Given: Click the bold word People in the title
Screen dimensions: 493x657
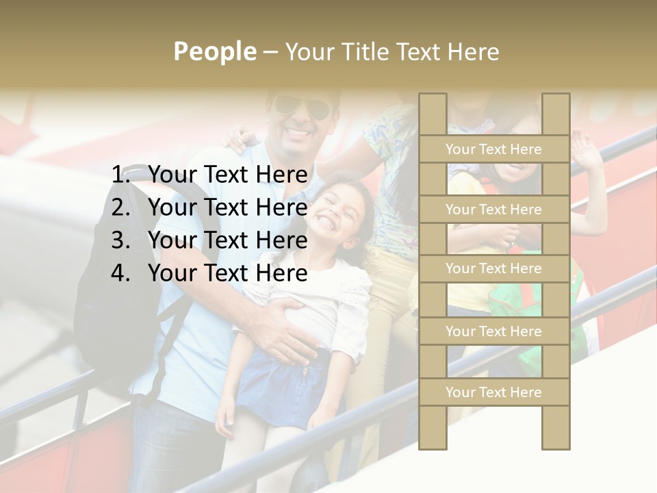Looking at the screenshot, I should click(215, 51).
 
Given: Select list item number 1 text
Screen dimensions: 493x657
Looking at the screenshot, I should click(227, 175).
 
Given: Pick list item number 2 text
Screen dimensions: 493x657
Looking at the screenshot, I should click(227, 207).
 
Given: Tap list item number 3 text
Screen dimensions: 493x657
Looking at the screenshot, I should click(227, 240).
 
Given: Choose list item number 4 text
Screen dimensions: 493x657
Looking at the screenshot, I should click(227, 273).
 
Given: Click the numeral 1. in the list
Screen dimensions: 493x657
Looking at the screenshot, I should click(123, 175).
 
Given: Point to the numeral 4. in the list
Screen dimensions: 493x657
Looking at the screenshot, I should click(121, 273).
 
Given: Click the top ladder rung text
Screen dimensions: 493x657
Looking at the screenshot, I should click(493, 149).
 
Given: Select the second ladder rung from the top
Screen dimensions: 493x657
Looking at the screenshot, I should click(493, 210).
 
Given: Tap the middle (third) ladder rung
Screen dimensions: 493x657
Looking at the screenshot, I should click(493, 269).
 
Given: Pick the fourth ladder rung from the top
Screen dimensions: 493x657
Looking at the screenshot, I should click(493, 331).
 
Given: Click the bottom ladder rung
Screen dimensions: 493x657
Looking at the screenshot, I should click(493, 392).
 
